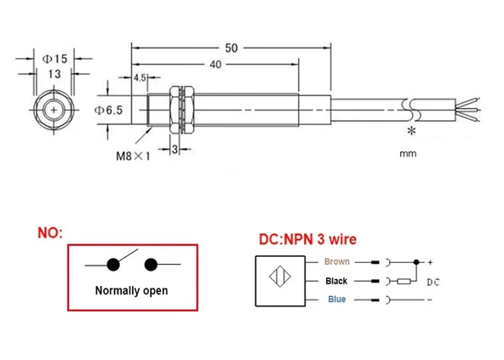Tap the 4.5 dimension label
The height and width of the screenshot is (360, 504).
pyautogui.click(x=140, y=78)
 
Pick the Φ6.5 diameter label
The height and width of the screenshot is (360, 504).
pyautogui.click(x=110, y=111)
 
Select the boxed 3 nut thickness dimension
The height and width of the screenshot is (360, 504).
pyautogui.click(x=174, y=150)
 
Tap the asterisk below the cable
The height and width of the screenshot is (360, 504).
pyautogui.click(x=411, y=132)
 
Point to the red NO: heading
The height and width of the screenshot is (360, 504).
pyautogui.click(x=49, y=232)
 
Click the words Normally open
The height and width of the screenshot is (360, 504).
pyautogui.click(x=130, y=290)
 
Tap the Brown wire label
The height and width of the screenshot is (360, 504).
pyautogui.click(x=337, y=261)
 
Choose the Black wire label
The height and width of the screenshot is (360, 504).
pyautogui.click(x=337, y=280)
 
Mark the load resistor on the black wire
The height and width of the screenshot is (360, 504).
pyautogui.click(x=404, y=281)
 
